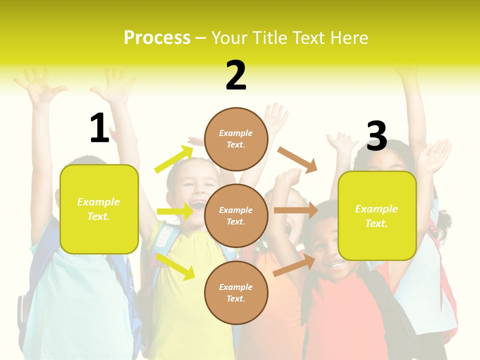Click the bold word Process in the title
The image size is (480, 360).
click(x=157, y=38)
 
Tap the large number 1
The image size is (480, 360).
click(x=99, y=128)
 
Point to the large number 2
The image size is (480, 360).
click(x=236, y=75)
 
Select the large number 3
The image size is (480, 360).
click(x=376, y=136)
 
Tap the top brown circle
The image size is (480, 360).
click(x=236, y=139)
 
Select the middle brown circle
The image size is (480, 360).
click(x=236, y=215)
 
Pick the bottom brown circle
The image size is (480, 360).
click(x=236, y=292)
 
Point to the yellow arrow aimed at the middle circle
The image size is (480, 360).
click(x=174, y=212)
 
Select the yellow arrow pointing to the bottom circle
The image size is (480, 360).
click(x=175, y=266)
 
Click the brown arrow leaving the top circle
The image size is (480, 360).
click(x=297, y=159)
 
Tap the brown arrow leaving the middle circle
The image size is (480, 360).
click(x=295, y=210)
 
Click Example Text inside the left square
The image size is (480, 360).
click(x=98, y=209)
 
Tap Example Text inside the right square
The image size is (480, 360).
click(x=376, y=216)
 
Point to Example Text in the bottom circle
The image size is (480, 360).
click(x=236, y=292)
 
